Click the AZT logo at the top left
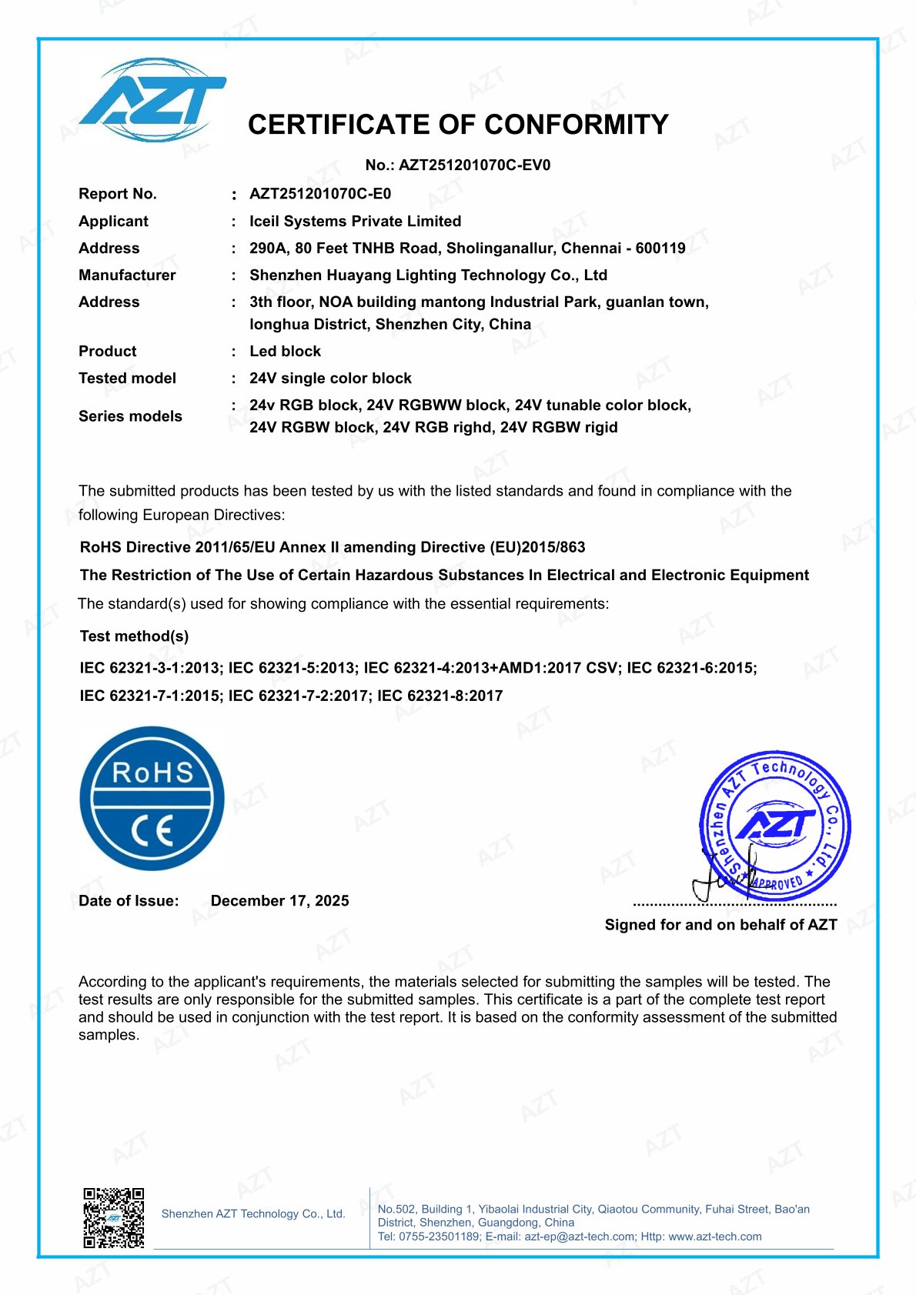pyautogui.click(x=152, y=101)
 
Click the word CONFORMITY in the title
pyautogui.click(x=577, y=125)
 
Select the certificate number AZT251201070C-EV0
pyautogui.click(x=474, y=165)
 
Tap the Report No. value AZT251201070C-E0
pyautogui.click(x=320, y=194)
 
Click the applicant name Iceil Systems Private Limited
pyautogui.click(x=355, y=222)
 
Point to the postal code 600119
pyautogui.click(x=660, y=249)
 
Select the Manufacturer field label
pyautogui.click(x=127, y=275)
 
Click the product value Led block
pyautogui.click(x=285, y=352)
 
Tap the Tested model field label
pyautogui.click(x=127, y=379)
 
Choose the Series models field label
pyautogui.click(x=130, y=416)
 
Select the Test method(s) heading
pyautogui.click(x=134, y=636)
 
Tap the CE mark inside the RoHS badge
pyautogui.click(x=152, y=832)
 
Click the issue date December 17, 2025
pyautogui.click(x=279, y=901)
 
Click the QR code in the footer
pyautogui.click(x=114, y=1217)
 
